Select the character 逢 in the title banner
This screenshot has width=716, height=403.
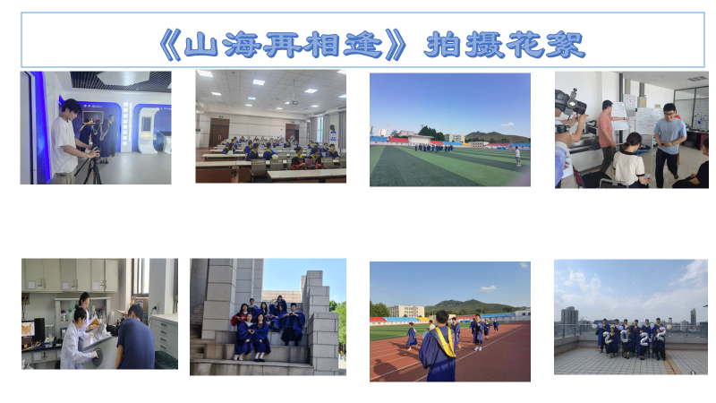click(x=363, y=45)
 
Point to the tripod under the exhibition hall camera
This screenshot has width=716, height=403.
click(x=91, y=169)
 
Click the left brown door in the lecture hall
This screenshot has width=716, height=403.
click(x=219, y=132)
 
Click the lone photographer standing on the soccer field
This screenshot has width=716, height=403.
click(x=517, y=156)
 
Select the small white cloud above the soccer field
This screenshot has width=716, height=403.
click(x=507, y=124)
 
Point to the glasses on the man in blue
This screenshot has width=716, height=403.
click(x=669, y=114)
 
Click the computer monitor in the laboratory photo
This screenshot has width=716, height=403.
click(x=39, y=327)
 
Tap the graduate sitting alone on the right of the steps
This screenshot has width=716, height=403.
click(x=293, y=324)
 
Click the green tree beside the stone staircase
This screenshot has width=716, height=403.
click(x=341, y=325)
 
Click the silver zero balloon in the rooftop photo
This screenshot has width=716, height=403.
click(x=625, y=337)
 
